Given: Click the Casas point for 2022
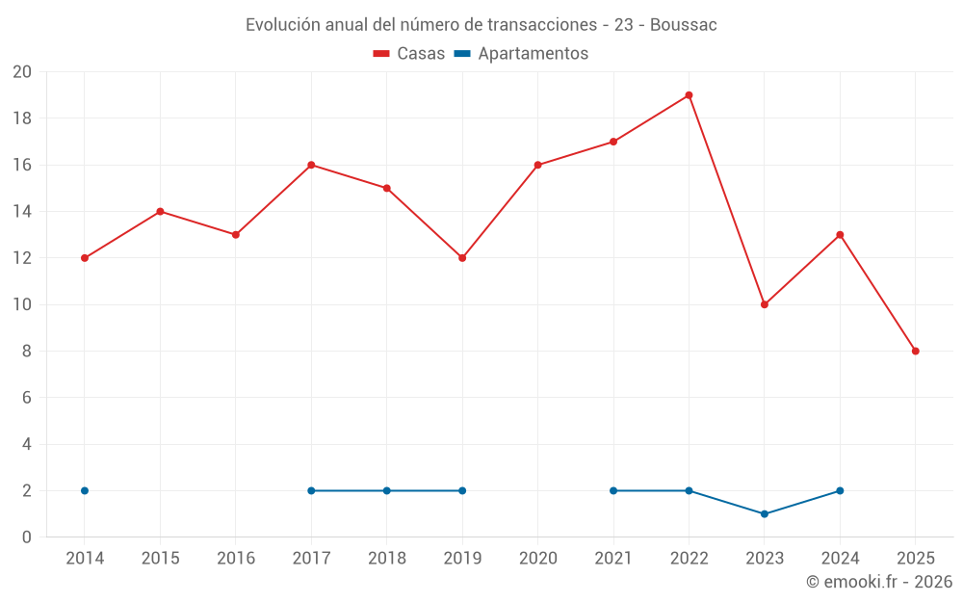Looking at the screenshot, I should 689,95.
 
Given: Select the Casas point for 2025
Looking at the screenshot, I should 916,351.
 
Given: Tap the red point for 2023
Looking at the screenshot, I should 765,304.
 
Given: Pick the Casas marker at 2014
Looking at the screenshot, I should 85,258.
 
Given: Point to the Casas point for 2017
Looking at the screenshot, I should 311,165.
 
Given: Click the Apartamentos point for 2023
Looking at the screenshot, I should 765,513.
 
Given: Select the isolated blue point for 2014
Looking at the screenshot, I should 85,490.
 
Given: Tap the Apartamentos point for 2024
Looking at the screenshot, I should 840,490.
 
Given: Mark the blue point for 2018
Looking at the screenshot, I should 387,490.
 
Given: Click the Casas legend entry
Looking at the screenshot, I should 409,54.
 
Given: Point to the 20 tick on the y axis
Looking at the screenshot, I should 22,72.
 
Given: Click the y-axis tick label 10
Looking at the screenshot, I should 22,304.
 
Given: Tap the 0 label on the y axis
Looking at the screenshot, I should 27,537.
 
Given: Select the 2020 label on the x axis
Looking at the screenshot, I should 537,559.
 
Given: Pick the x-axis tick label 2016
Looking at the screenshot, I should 236,559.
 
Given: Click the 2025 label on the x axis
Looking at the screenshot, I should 916,559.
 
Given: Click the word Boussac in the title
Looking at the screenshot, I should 684,25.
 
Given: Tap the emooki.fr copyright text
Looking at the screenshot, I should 879,582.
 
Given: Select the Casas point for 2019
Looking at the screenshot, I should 462,258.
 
